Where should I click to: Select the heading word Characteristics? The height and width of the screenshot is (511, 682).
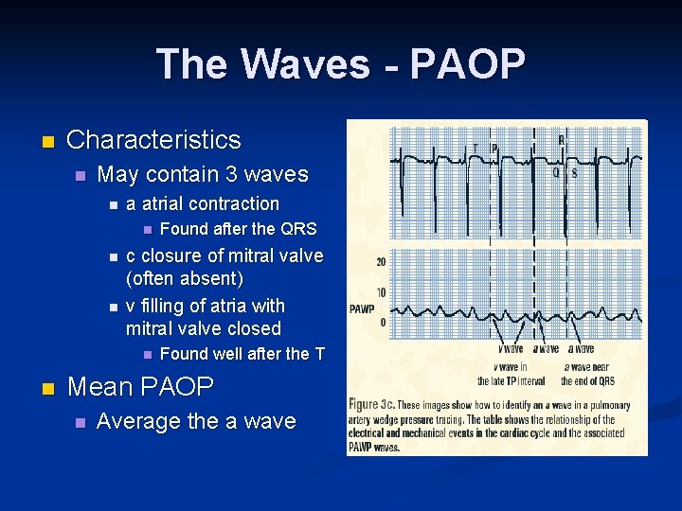[x=153, y=140]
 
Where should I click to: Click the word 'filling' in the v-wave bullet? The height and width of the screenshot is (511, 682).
[x=167, y=306]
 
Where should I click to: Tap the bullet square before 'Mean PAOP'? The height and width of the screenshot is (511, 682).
[x=46, y=388]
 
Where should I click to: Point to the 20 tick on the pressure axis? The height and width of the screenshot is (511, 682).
[x=381, y=261]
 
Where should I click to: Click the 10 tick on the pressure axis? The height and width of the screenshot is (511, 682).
[x=381, y=292]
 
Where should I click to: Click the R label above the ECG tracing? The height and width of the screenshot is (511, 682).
[x=561, y=140]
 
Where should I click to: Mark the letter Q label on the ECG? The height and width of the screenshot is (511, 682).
[x=556, y=172]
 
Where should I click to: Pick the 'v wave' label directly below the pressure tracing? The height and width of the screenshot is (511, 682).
[x=511, y=349]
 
